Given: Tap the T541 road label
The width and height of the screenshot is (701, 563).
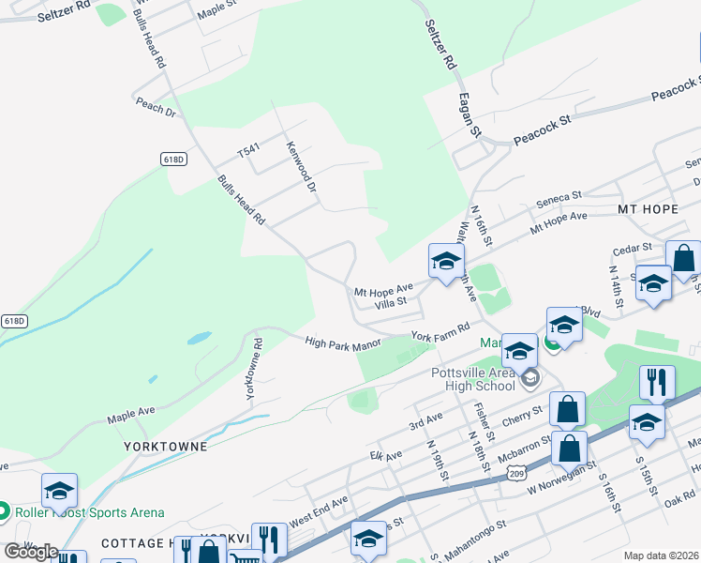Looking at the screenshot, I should click(x=247, y=150).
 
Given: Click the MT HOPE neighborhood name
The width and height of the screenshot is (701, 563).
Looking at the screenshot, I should click(x=647, y=207).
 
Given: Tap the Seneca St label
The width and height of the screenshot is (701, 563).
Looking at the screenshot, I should click(x=559, y=199).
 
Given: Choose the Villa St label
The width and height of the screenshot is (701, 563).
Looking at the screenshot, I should click(x=390, y=302).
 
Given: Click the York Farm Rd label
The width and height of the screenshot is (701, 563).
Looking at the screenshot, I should click(x=439, y=334).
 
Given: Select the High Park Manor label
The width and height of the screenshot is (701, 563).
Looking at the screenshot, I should click(x=343, y=344).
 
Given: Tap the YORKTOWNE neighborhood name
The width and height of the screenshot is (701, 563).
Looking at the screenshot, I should click(x=165, y=447).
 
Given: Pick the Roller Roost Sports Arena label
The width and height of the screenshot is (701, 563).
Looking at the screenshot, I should click(x=90, y=512).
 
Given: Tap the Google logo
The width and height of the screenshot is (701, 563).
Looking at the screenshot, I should click(x=31, y=552).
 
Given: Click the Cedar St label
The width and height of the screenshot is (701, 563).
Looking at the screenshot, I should click(x=632, y=248).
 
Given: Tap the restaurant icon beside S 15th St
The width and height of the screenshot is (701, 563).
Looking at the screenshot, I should click(x=657, y=382).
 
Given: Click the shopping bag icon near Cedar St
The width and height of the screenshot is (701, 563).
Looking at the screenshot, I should click(x=683, y=258).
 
